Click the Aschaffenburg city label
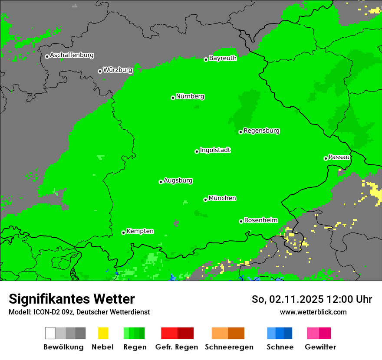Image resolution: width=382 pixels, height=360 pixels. point(72,56)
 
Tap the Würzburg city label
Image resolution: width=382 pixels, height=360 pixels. point(117,70)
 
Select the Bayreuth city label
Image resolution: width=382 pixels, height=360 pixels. point(223,58)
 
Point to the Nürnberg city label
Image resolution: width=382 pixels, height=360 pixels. point(190,97)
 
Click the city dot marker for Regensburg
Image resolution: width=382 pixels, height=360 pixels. point(240,132)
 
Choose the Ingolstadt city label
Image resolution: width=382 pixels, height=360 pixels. point(215,151)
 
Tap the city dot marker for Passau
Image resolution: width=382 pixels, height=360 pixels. point(326,158)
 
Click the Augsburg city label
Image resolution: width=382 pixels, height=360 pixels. point(178,181)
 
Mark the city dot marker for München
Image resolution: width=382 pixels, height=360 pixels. point(205,200)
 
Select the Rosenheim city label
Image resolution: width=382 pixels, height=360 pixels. point(260,220)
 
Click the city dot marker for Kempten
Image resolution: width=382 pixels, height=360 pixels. point(123,232)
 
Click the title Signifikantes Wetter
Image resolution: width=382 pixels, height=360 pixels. point(72,299)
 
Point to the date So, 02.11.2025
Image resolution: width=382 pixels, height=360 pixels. point(288,299)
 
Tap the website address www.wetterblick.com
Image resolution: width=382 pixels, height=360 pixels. point(313,312)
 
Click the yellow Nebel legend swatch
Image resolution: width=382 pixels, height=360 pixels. point(103,333)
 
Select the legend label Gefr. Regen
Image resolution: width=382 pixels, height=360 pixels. point(177,347)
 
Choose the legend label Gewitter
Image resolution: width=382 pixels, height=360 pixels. point(320,347)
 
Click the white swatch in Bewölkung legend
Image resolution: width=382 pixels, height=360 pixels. point(50,333)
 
